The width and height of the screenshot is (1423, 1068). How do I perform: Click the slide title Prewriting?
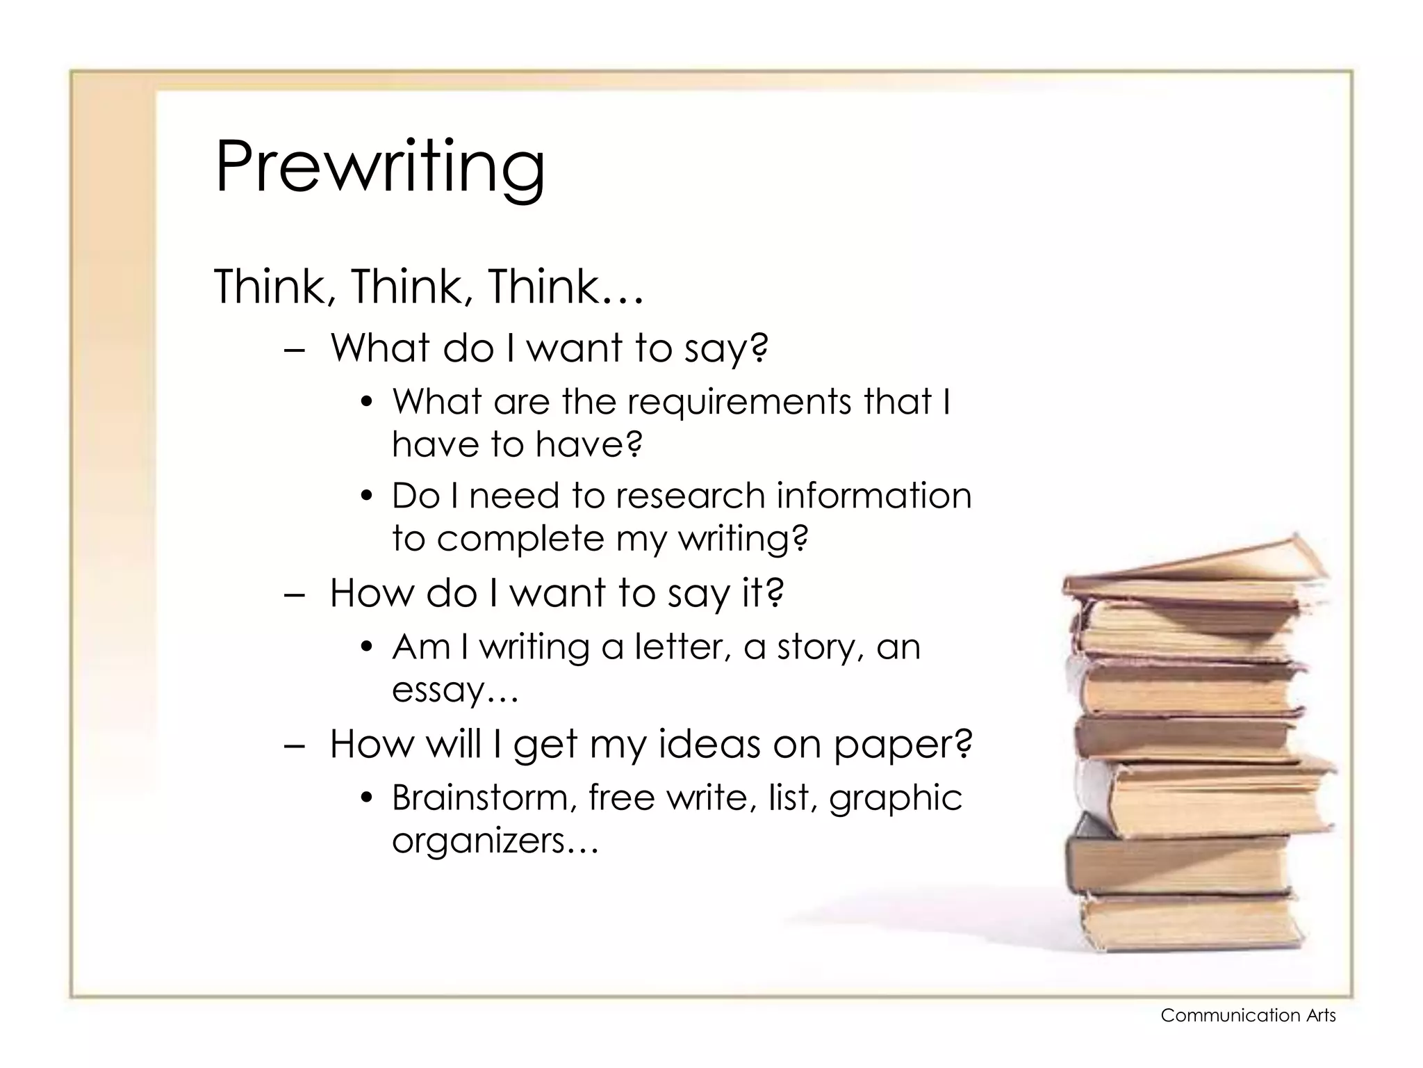380,167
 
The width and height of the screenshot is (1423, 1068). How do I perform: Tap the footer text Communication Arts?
1248,1016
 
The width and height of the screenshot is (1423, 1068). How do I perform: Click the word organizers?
479,841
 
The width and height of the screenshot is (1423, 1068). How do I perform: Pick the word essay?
438,690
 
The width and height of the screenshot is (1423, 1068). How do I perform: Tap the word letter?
682,647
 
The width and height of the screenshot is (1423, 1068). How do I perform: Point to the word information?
873,496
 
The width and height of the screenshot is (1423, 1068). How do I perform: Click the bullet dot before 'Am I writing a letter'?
368,648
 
